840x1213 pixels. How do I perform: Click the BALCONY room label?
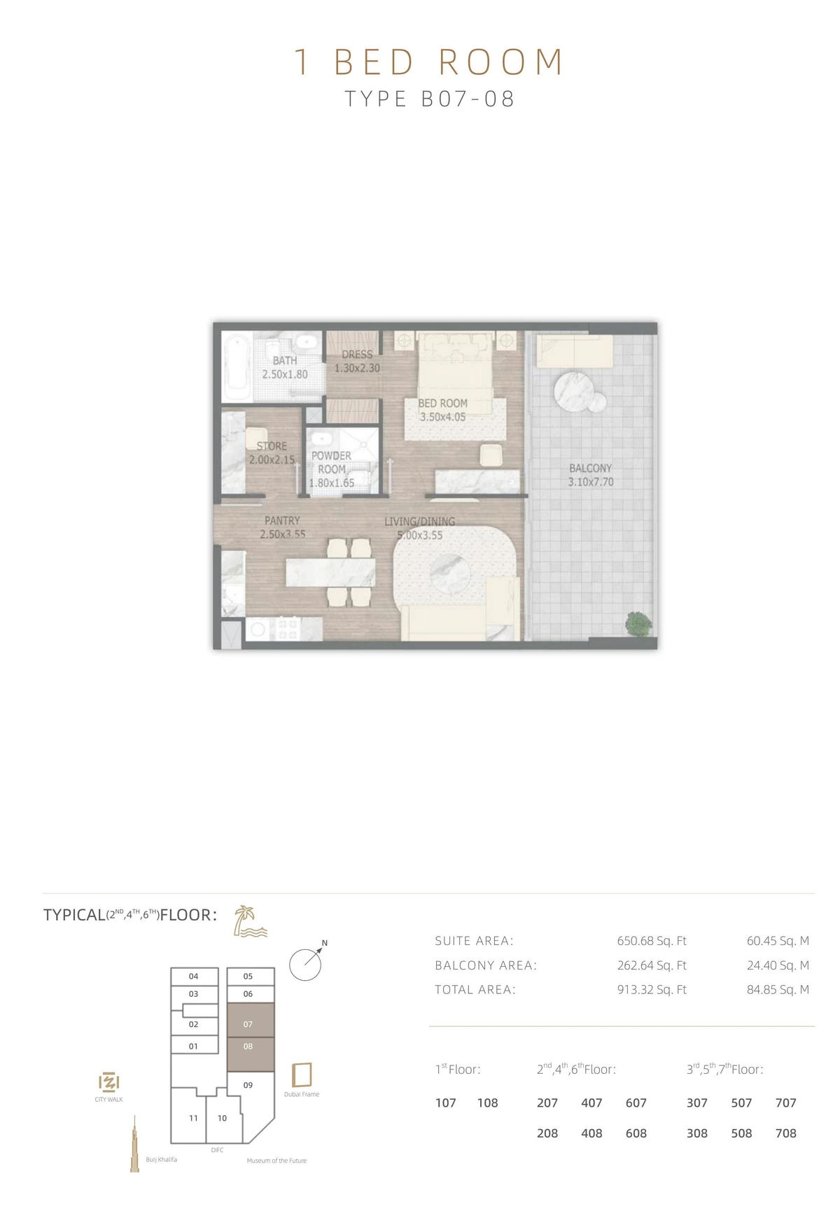pyautogui.click(x=590, y=468)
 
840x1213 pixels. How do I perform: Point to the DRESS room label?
pyautogui.click(x=357, y=355)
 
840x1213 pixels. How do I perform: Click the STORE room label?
pyautogui.click(x=272, y=446)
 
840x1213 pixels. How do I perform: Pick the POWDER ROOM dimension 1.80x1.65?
pyautogui.click(x=332, y=483)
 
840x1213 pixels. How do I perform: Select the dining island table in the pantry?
pyautogui.click(x=330, y=572)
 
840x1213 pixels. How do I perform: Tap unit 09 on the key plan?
pyautogui.click(x=248, y=1085)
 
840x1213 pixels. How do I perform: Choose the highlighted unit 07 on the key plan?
pyautogui.click(x=248, y=1024)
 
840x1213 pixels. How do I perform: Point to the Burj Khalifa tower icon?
pyautogui.click(x=134, y=1144)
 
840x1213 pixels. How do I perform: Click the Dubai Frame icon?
pyautogui.click(x=302, y=1074)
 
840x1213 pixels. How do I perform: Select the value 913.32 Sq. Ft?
pyautogui.click(x=652, y=989)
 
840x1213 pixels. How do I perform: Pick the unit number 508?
pyautogui.click(x=741, y=1133)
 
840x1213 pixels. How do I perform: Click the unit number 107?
pyautogui.click(x=446, y=1103)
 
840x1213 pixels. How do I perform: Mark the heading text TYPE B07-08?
pyautogui.click(x=430, y=99)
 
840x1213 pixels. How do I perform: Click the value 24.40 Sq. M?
pyautogui.click(x=778, y=965)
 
